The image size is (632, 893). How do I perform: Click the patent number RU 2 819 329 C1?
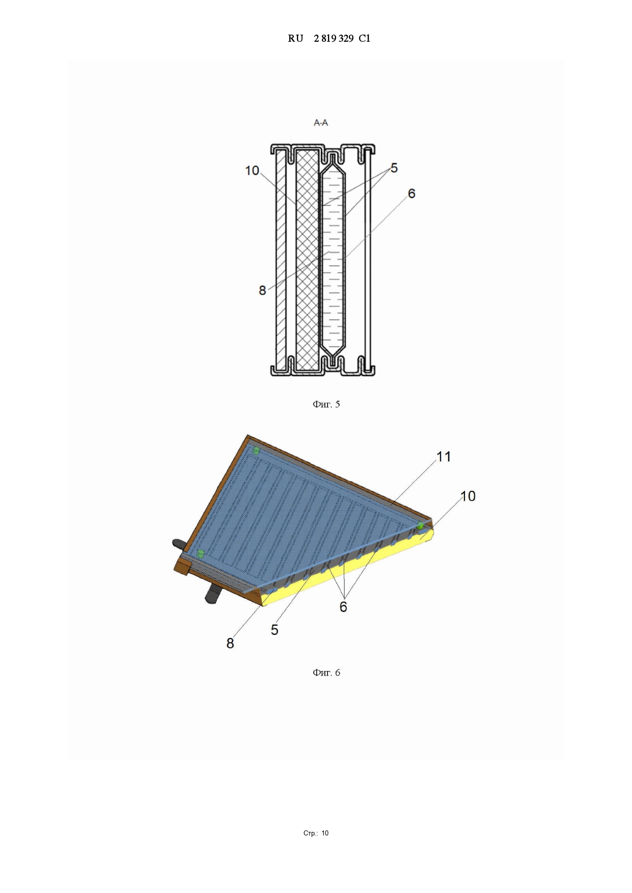click(329, 38)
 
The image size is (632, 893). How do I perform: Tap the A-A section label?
click(321, 123)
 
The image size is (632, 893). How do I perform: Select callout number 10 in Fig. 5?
click(252, 171)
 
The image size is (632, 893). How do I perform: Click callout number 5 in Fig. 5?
click(394, 168)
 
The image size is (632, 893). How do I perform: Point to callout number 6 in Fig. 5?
click(411, 193)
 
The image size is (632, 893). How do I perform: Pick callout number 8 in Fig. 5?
click(262, 290)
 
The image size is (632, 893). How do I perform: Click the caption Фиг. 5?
click(326, 404)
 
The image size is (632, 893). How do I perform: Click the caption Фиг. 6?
click(326, 673)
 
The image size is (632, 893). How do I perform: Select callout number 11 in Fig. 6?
click(444, 457)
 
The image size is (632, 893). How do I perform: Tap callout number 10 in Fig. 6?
click(468, 496)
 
